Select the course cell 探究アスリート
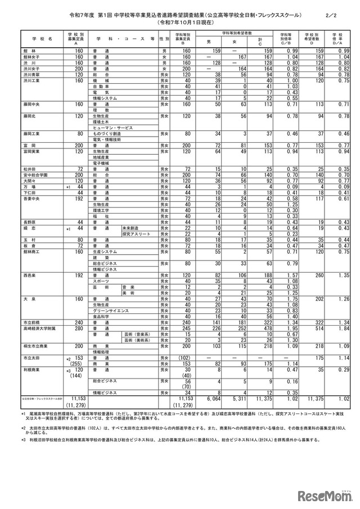[136, 233]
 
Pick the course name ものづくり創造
[107, 133]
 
